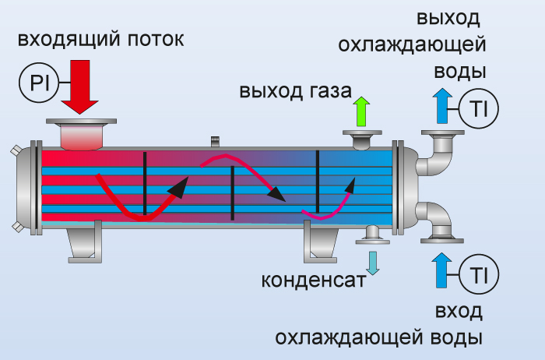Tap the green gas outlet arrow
click(x=360, y=111)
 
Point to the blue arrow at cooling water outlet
click(x=442, y=105)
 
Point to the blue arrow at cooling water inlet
click(x=442, y=272)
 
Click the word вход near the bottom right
click(x=459, y=312)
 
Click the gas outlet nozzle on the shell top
click(x=361, y=139)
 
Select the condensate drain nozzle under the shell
click(x=372, y=235)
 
